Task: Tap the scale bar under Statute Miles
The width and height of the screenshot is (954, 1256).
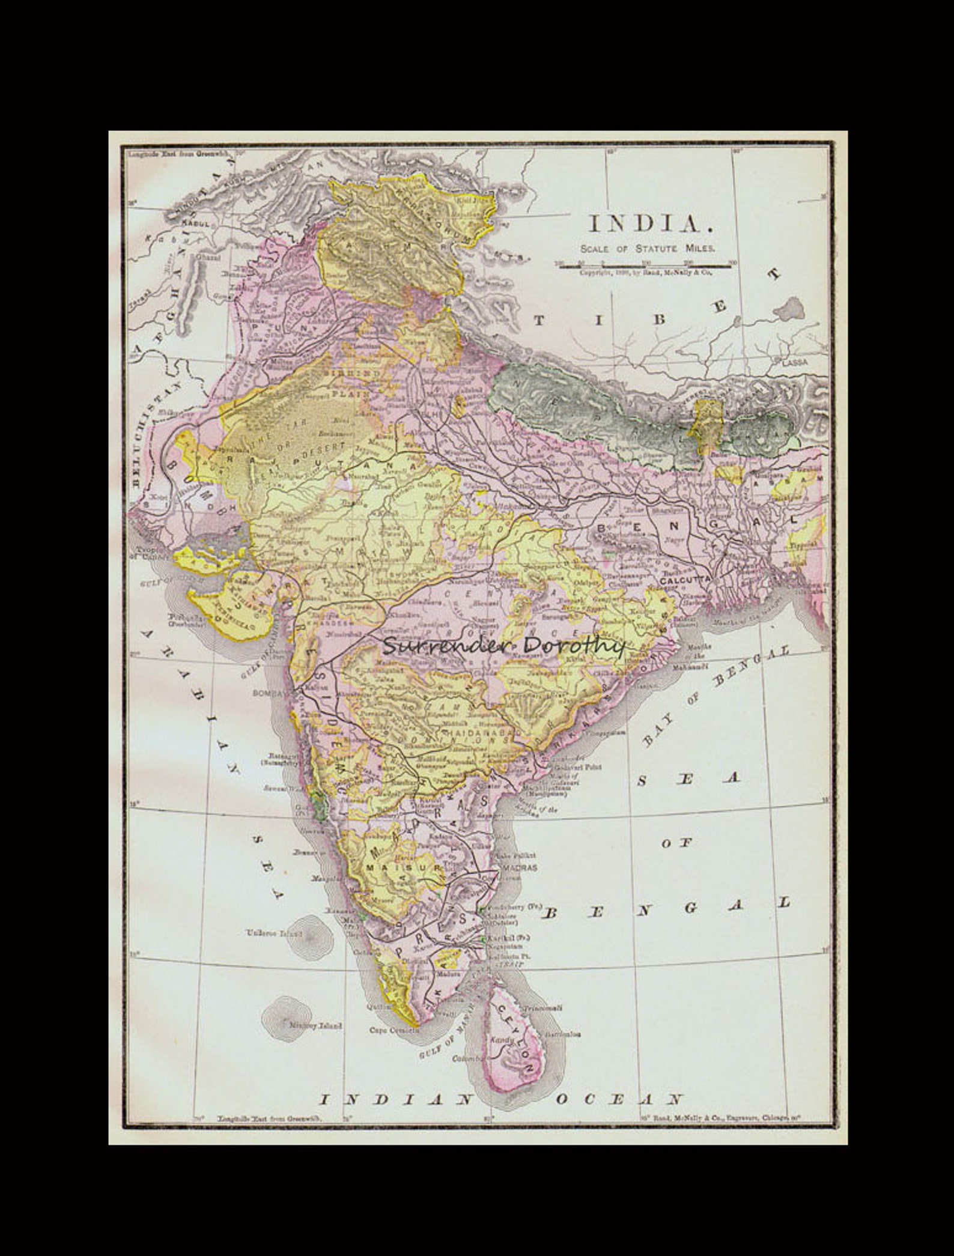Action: pyautogui.click(x=646, y=265)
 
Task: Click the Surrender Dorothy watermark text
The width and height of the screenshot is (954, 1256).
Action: pyautogui.click(x=503, y=646)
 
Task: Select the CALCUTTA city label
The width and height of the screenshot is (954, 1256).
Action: pyautogui.click(x=685, y=581)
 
